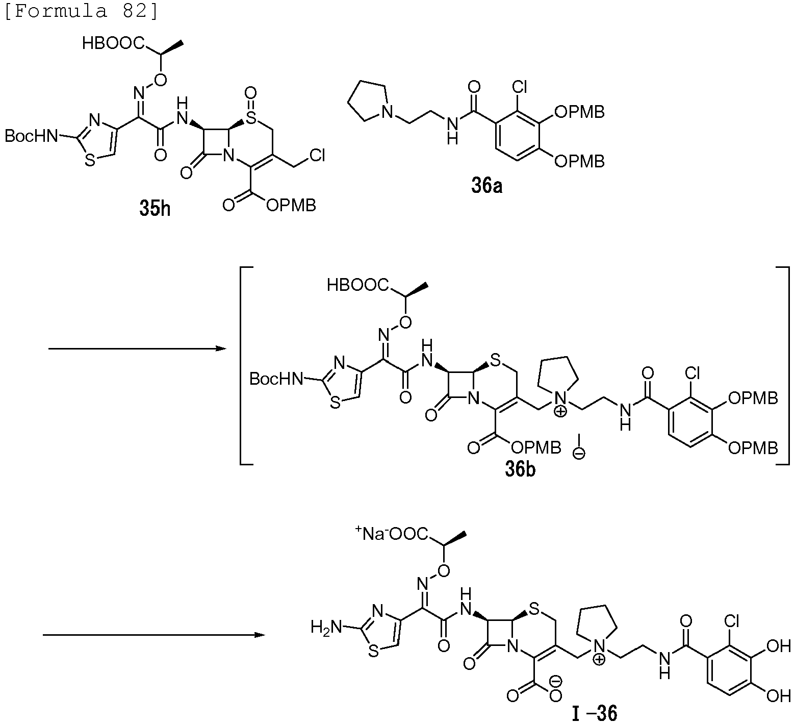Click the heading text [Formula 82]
pos(82,11)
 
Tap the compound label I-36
pos(595,713)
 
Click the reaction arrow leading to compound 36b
pos(137,349)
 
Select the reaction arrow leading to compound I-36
pos(153,635)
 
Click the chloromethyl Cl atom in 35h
pos(317,155)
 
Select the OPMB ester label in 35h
pos(291,205)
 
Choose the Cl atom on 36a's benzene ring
pos(520,88)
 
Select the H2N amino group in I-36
pos(326,627)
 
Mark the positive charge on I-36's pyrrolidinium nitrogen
pos(600,660)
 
